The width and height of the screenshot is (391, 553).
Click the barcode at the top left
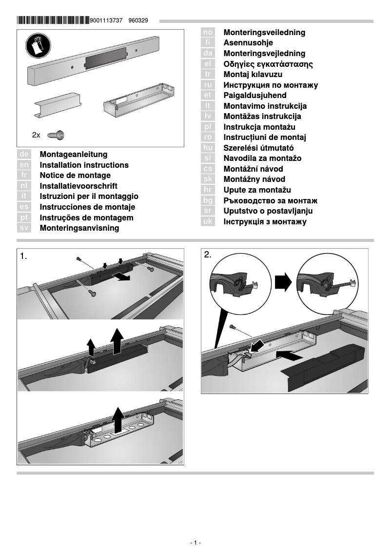click(53, 20)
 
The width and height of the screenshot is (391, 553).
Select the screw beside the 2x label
click(57, 134)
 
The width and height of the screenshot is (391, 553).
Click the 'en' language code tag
click(24, 165)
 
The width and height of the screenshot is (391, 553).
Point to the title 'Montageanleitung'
click(74, 155)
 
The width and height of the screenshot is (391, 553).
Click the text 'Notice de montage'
click(75, 176)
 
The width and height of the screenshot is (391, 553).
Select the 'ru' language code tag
click(208, 85)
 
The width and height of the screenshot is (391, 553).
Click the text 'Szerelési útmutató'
click(258, 148)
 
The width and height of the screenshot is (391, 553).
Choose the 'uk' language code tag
click(208, 221)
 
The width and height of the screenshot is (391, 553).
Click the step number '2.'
click(208, 255)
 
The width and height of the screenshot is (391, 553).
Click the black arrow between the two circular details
click(283, 282)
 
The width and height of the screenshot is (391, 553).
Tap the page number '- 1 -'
click(195, 543)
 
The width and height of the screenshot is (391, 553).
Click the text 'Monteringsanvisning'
click(79, 228)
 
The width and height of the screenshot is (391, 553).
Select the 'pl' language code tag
click(208, 127)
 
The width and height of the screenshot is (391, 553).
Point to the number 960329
click(138, 21)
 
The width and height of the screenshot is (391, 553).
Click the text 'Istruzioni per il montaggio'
click(89, 197)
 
